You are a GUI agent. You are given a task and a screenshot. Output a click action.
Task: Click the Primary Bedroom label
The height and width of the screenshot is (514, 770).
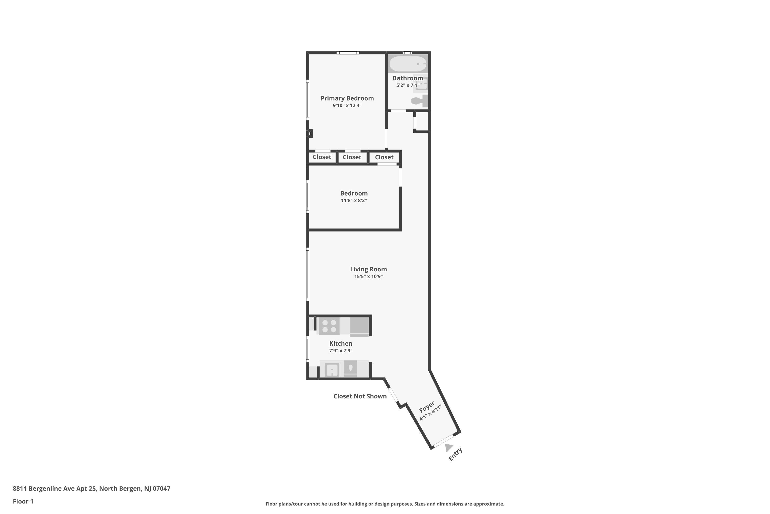coord(347,98)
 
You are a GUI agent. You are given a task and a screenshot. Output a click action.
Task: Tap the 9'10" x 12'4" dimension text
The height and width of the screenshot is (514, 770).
coord(347,106)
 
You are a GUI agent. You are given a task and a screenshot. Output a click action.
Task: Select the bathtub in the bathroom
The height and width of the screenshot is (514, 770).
coord(408,63)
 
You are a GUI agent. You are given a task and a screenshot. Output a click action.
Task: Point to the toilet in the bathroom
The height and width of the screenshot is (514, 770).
coord(419,101)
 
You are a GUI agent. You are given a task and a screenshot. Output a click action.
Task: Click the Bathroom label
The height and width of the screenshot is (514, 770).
coord(408,78)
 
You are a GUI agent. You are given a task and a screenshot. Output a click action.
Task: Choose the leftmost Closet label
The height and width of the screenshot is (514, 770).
coord(322,157)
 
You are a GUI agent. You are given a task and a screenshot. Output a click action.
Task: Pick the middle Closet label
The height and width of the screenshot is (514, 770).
coord(352,157)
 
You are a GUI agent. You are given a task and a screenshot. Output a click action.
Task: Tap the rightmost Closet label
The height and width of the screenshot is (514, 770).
coord(384,157)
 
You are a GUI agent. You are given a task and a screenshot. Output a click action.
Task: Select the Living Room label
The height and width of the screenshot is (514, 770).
coord(368,269)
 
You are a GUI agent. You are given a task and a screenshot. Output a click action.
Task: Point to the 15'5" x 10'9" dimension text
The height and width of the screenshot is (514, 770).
coord(368,276)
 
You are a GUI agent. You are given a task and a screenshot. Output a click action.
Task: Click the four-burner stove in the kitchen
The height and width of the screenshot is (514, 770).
coord(329,326)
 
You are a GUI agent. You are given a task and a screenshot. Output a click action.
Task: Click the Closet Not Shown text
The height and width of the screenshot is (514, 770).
coord(360,396)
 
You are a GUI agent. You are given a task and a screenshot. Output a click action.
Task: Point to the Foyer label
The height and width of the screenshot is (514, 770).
coord(427,407)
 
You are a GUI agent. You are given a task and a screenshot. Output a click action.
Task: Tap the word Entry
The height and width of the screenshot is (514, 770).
coord(455,454)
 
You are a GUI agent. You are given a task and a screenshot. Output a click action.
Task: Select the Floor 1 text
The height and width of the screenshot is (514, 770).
coord(23,501)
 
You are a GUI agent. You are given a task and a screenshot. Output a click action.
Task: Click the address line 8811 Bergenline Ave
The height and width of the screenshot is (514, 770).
coord(91,489)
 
